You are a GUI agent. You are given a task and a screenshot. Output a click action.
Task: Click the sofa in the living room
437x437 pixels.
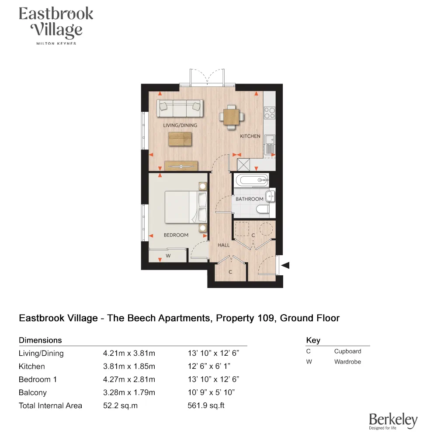tap(180, 108)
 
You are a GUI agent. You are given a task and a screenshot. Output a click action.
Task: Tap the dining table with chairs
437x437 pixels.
tap(231, 115)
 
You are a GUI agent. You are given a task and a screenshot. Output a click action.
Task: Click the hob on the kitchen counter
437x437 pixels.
tap(269, 113)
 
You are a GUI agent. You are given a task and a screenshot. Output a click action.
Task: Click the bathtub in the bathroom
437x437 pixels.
tap(251, 180)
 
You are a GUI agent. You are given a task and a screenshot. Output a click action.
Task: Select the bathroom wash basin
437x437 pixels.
tap(271, 195)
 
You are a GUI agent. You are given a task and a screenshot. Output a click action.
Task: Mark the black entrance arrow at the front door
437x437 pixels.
tap(286, 265)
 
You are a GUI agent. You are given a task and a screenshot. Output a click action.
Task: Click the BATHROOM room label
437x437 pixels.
tap(250, 199)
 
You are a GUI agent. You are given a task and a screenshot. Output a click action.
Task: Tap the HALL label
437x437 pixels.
tap(224, 245)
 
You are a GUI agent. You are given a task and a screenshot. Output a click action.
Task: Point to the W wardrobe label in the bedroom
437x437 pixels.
tap(168, 256)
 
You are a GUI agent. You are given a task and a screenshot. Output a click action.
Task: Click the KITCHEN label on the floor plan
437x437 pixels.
tap(250, 136)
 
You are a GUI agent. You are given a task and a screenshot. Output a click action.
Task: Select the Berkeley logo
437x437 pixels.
tap(393, 421)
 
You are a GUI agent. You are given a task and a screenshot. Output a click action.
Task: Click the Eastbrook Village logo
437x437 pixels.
tap(56, 24)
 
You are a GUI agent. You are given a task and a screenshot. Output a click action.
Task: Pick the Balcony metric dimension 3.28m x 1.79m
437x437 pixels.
tap(129, 392)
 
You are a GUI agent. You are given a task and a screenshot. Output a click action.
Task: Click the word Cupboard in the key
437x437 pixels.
tap(347, 351)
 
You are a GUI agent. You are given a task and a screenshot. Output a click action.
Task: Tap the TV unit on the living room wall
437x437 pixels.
tap(181, 166)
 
